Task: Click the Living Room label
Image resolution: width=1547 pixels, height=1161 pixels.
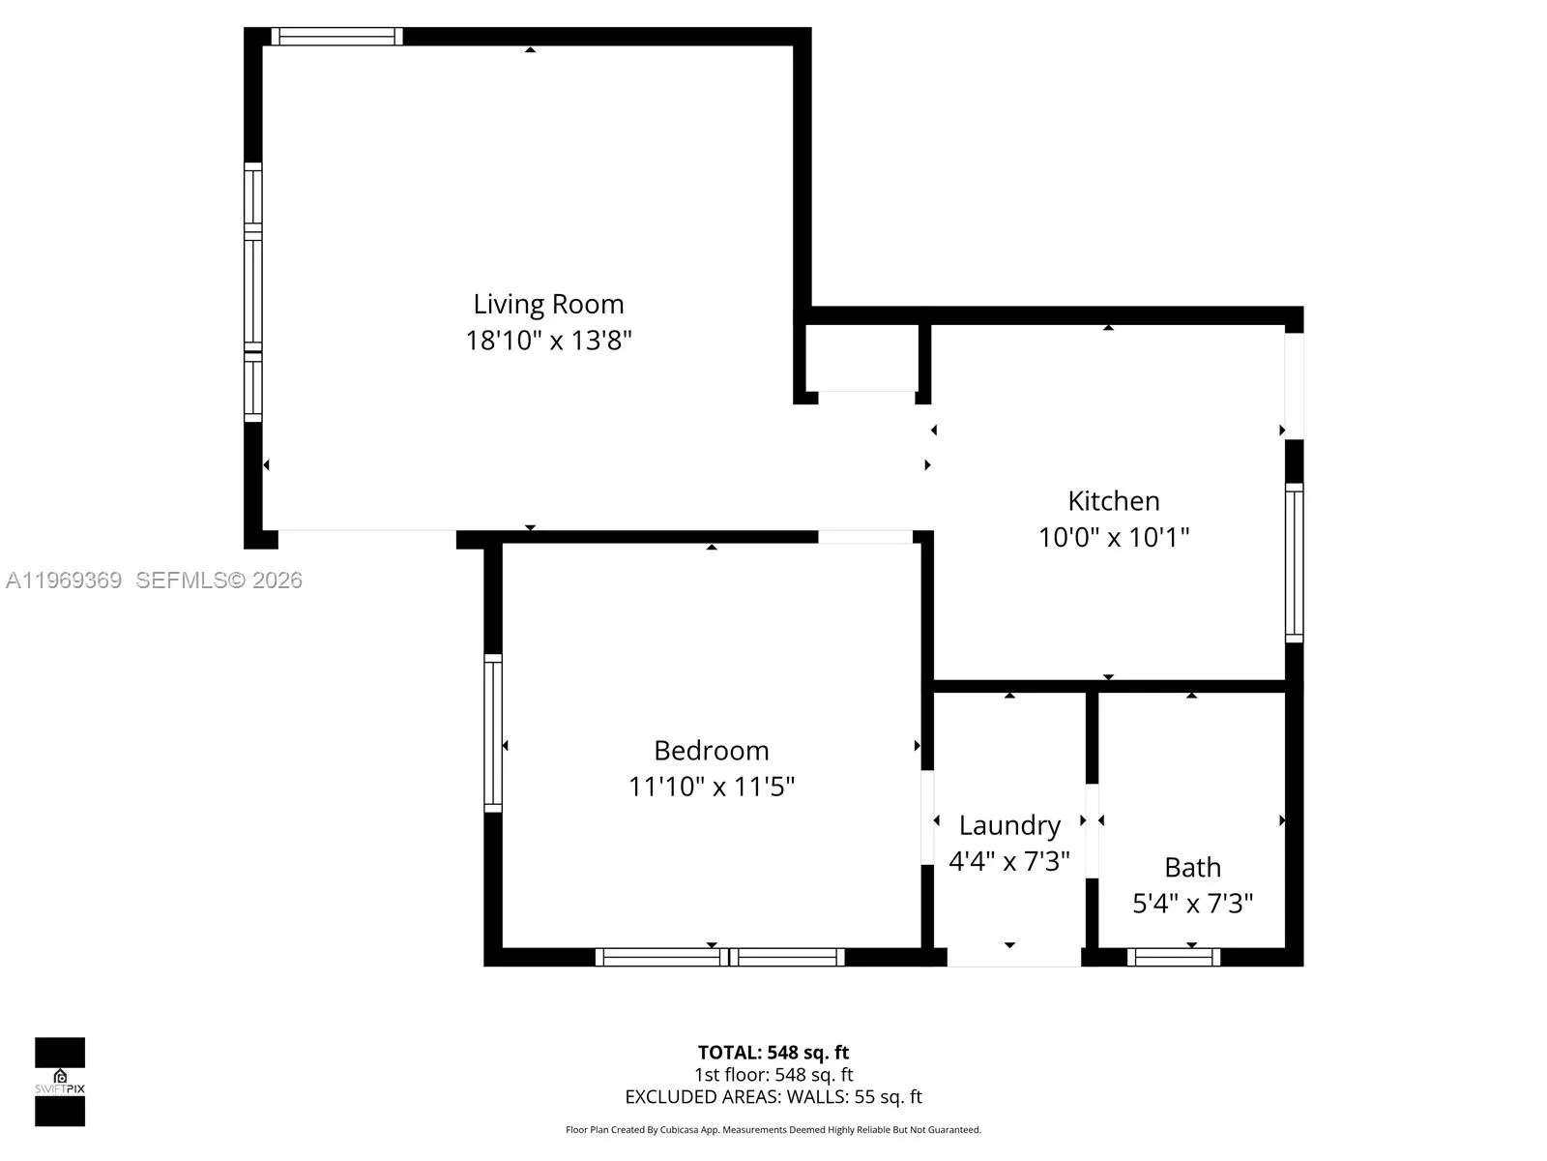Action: (x=548, y=305)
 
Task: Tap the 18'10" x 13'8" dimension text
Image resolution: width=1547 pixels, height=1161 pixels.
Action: (x=548, y=341)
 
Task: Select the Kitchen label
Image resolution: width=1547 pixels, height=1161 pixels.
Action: (x=1114, y=501)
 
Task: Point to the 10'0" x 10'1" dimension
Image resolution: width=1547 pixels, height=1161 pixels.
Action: (x=1114, y=537)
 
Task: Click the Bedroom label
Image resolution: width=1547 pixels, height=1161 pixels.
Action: (x=711, y=751)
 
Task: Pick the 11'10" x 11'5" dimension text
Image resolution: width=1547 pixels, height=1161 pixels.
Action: (x=711, y=787)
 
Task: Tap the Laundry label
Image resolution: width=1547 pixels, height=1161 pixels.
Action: (x=1009, y=825)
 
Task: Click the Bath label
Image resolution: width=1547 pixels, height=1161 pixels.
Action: (x=1192, y=868)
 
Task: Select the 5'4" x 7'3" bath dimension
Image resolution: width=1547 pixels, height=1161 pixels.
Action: (x=1192, y=904)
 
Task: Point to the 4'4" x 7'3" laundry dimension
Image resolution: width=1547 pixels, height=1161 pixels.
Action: (x=1009, y=861)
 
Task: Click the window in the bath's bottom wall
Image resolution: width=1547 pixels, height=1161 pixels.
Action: (x=1174, y=957)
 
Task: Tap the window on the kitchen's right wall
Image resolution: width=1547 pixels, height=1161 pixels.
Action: (x=1294, y=562)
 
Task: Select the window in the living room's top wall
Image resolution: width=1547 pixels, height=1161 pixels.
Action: (x=336, y=37)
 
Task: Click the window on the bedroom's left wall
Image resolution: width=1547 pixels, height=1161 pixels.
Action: (x=493, y=733)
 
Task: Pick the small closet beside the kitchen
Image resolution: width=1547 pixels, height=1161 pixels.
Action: (x=861, y=358)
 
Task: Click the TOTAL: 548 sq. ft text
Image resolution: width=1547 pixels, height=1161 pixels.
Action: (x=773, y=1053)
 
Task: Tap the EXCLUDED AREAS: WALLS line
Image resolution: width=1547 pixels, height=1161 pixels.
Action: (x=773, y=1097)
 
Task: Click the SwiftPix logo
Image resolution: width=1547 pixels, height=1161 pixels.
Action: (x=60, y=1082)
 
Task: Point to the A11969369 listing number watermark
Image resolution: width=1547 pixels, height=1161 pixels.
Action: (x=64, y=580)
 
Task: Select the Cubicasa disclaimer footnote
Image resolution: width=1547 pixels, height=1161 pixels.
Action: (x=773, y=1129)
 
